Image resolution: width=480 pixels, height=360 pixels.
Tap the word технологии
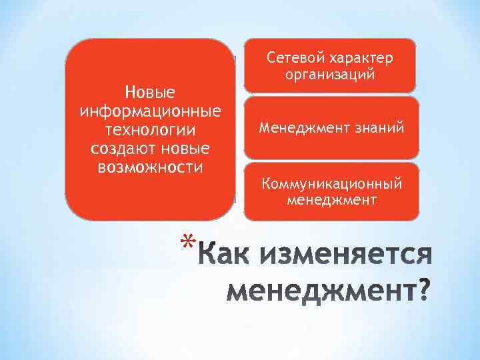click(150, 127)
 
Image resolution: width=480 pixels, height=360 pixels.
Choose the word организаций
click(330, 75)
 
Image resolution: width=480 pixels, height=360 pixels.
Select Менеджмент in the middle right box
click(301, 127)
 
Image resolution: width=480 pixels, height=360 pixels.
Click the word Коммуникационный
click(331, 183)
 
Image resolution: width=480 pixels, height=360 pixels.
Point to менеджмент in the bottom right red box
click(331, 199)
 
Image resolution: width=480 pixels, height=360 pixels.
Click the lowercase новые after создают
click(181, 146)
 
